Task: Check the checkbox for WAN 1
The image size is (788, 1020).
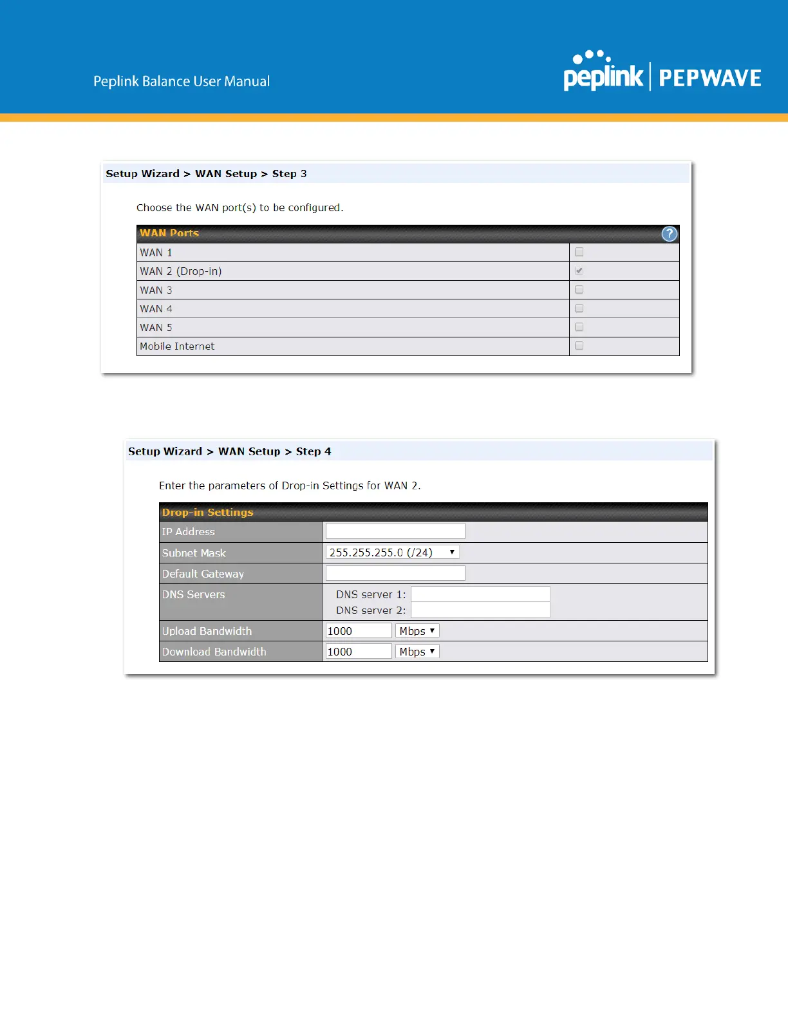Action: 579,252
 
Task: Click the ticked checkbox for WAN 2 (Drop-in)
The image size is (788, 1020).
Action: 579,271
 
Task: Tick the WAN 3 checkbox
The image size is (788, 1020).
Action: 579,290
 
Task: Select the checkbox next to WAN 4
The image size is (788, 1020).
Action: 579,308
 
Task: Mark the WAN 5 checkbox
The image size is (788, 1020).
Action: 579,327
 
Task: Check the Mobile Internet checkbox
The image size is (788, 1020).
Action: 579,346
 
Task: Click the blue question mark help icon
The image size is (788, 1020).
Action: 670,234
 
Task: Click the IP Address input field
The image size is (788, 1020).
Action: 395,531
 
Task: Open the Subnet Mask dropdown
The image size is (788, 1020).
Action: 392,552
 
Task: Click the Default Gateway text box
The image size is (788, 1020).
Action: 395,573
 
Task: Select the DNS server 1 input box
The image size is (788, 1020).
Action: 480,594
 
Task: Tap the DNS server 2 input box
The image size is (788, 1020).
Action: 480,610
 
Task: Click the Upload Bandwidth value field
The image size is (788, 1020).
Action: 359,631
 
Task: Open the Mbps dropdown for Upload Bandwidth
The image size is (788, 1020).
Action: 417,631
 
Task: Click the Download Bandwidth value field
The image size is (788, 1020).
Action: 359,652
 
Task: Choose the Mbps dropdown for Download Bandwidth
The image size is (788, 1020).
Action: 417,652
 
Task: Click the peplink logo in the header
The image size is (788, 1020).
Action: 603,73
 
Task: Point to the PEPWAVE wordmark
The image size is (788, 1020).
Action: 710,79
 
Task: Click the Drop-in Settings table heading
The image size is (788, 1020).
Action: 208,513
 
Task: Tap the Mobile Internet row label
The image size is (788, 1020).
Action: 177,346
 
